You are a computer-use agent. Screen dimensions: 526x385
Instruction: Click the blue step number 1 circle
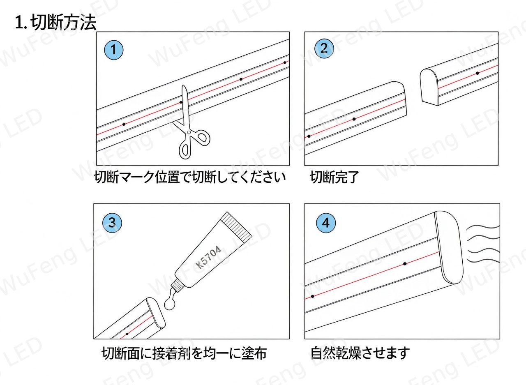pos(114,50)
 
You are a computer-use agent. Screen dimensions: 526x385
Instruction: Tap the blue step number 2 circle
pos(324,48)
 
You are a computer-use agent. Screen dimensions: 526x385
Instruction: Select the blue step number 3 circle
pos(112,222)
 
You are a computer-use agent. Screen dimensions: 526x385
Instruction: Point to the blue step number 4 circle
pos(326,223)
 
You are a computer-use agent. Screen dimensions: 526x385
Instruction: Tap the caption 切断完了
pos(335,177)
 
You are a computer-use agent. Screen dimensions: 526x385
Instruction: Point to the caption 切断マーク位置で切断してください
pos(190,177)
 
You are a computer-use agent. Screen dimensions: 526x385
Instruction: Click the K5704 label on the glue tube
pos(208,257)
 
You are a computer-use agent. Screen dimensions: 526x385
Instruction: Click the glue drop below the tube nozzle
pos(170,304)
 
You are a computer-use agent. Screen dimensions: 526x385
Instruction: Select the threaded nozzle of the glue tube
pos(178,287)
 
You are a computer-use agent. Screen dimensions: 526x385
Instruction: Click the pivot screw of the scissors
pos(189,133)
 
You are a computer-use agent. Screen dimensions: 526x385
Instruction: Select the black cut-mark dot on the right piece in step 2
pos(478,73)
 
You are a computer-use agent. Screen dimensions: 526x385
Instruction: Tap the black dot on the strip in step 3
pos(127,334)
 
